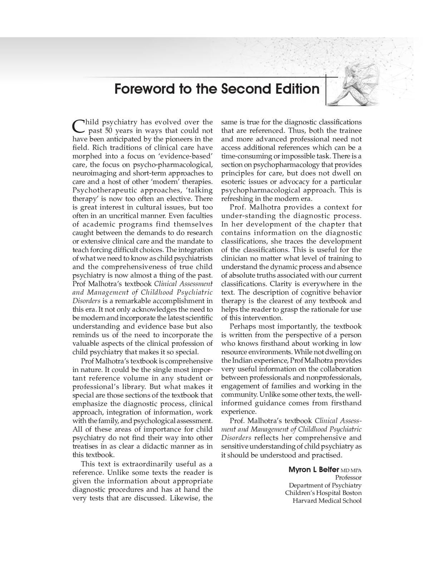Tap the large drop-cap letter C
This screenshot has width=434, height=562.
point(78,126)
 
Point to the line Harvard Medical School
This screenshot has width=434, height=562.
point(327,501)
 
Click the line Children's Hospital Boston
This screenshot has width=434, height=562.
point(323,493)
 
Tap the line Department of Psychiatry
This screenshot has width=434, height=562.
point(325,485)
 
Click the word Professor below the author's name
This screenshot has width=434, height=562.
point(348,478)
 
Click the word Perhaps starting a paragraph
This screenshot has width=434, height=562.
point(242,327)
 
